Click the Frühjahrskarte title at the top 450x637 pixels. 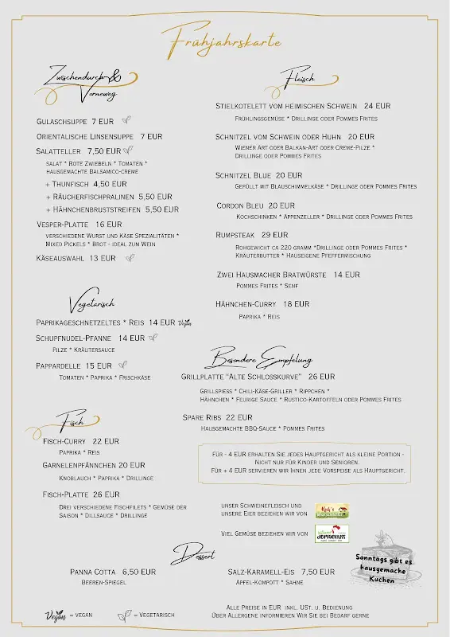[x=221, y=37]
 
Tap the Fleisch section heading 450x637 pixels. [x=300, y=78]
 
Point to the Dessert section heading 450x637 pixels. [x=193, y=553]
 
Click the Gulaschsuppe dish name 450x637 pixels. [x=62, y=122]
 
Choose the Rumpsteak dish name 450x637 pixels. [x=235, y=235]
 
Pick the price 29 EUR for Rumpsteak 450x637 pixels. [x=274, y=235]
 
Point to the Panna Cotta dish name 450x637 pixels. [x=93, y=572]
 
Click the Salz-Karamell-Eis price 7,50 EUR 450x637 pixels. [x=318, y=572]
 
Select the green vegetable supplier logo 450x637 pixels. [x=332, y=533]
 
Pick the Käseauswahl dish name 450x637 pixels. [x=60, y=258]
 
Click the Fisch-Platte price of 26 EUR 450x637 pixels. [x=106, y=494]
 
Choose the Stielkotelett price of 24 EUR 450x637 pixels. [x=377, y=106]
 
